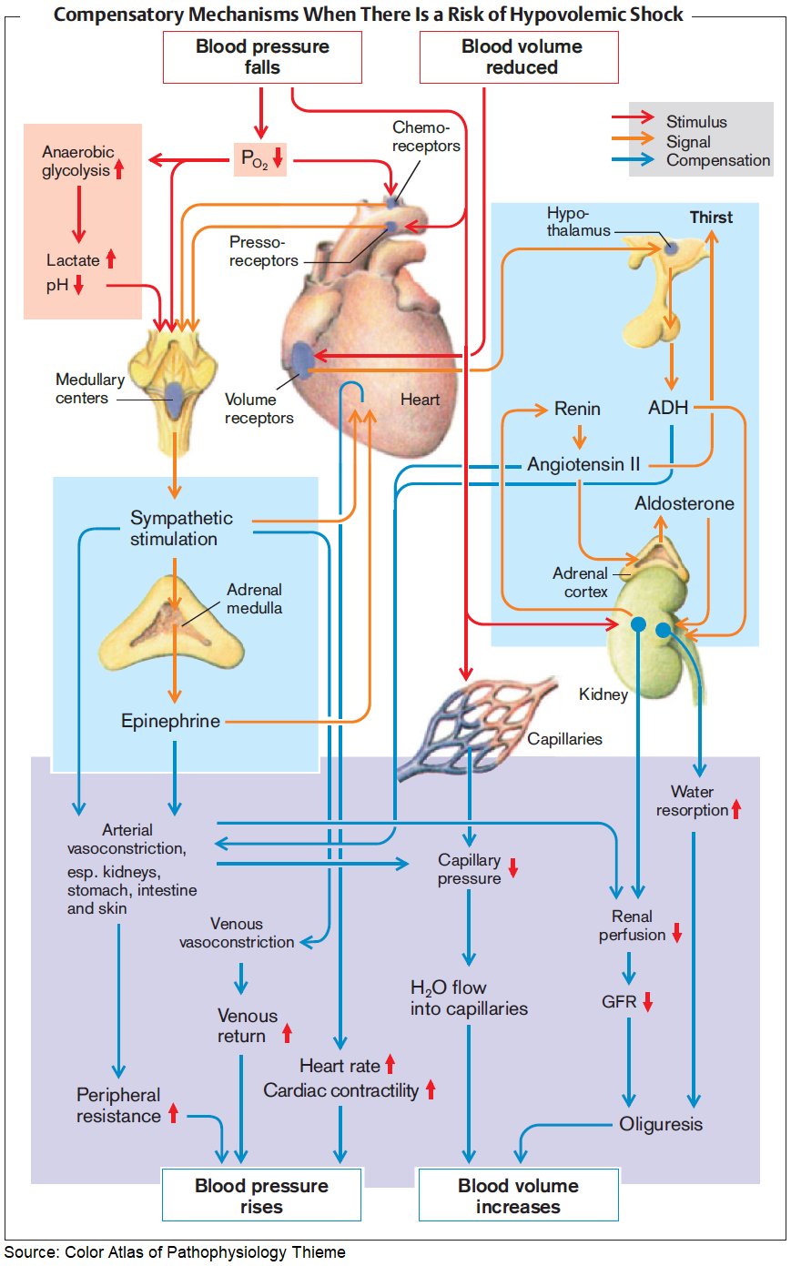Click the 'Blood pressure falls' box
tap(262, 57)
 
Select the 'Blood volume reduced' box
tap(519, 57)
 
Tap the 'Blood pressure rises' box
tap(261, 1195)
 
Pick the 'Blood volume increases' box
tap(518, 1195)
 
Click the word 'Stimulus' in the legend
tap(696, 122)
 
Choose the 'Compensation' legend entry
tap(717, 160)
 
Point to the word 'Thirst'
tap(711, 218)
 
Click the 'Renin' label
tap(577, 409)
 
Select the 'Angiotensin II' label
tap(583, 464)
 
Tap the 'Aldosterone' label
tap(684, 503)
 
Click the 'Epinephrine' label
tap(171, 721)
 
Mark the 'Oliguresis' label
tap(661, 1124)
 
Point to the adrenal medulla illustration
tap(171, 623)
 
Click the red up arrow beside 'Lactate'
tap(111, 259)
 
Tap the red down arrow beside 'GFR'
tap(648, 1002)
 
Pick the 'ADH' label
tap(668, 408)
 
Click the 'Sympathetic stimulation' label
tap(180, 528)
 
